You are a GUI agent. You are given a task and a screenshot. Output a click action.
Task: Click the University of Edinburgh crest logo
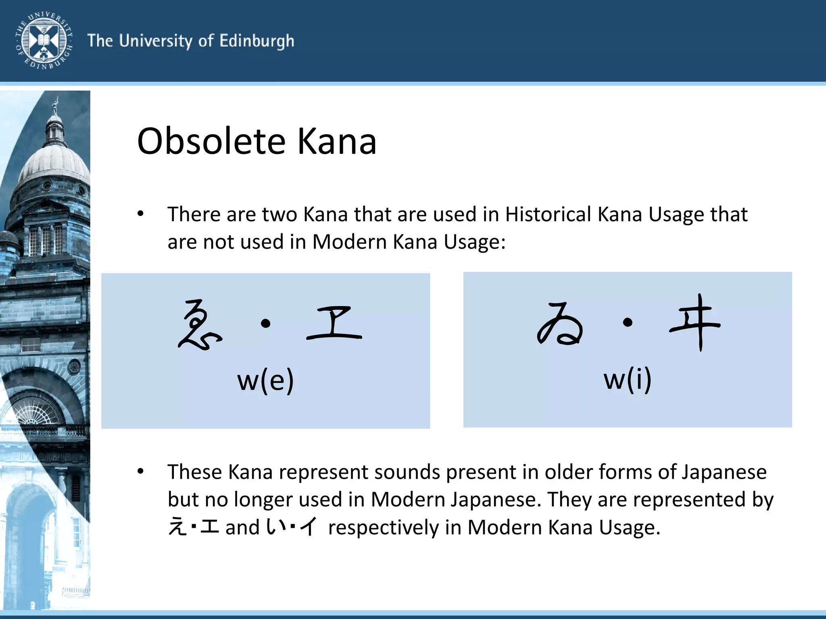[x=44, y=41]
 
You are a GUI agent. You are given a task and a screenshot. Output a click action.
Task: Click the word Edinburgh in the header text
[x=257, y=42]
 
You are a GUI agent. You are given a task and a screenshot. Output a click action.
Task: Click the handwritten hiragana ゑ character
[x=199, y=325]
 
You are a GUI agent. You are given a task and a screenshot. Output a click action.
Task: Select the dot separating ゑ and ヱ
[x=265, y=323]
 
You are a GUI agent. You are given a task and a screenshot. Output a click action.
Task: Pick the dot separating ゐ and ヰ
[x=628, y=322]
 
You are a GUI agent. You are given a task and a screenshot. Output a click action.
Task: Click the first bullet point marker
[x=140, y=214]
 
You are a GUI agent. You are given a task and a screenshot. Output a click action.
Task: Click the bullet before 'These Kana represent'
[x=140, y=471]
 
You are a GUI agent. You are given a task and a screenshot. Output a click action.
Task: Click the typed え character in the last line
[x=177, y=527]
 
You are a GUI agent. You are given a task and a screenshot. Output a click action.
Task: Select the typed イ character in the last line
[x=309, y=527]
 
